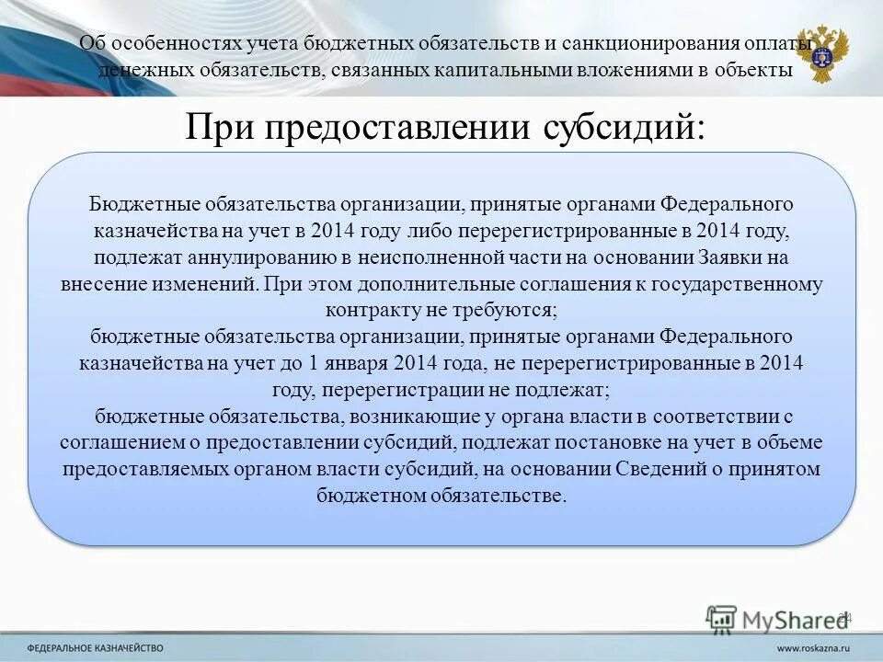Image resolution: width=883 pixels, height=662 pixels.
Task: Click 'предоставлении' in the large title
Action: point(397,125)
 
